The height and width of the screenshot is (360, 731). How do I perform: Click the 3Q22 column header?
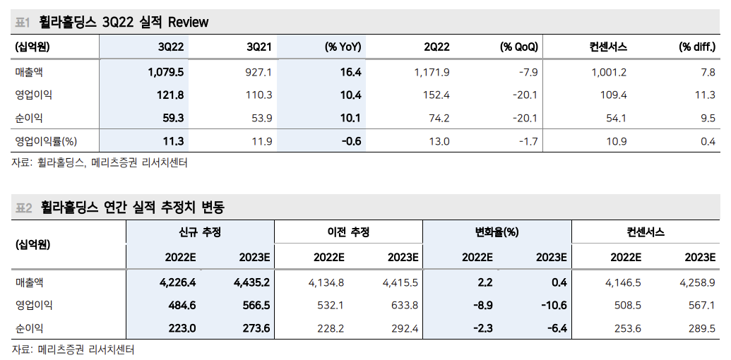point(171,47)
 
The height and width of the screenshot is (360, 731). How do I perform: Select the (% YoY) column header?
point(343,47)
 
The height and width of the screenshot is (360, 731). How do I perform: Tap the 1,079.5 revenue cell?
point(166,72)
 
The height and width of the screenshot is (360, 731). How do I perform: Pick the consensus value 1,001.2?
point(609,72)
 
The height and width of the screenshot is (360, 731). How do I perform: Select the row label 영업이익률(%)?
point(46,141)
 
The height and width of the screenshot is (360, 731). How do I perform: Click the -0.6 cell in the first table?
point(351,141)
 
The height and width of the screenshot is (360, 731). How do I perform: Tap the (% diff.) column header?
point(696,47)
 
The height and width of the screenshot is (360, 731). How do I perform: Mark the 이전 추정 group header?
point(348,232)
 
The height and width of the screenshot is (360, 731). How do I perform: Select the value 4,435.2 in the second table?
point(251,282)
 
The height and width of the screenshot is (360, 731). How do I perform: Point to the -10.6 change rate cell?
point(552,306)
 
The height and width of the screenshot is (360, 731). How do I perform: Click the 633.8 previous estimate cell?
point(405,306)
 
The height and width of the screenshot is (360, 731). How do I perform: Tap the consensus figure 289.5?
point(701,328)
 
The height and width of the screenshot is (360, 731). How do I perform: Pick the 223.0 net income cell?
point(179,328)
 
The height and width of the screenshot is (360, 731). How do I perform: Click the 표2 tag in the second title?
point(23,208)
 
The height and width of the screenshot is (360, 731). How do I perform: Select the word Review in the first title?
point(188,23)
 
